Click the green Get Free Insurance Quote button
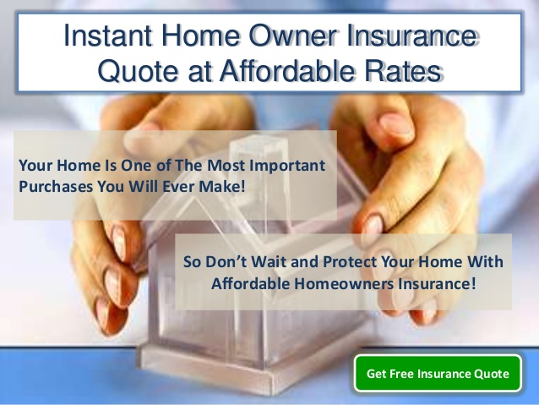[438, 373]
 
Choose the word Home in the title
[193, 36]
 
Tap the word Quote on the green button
[491, 373]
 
